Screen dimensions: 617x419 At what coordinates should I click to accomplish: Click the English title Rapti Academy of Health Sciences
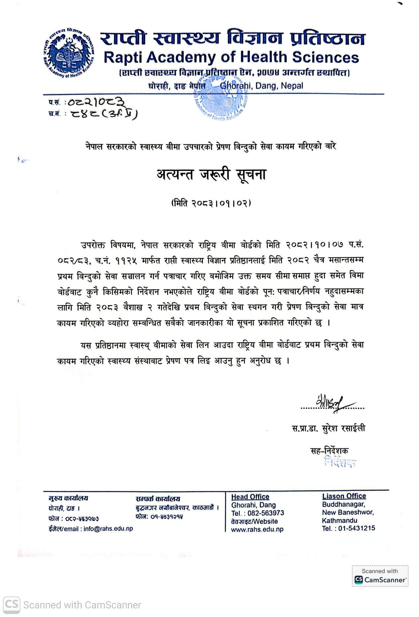(231, 57)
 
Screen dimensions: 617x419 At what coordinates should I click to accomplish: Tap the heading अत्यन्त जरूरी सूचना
(211, 174)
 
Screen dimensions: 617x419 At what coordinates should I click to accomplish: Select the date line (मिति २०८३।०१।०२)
(211, 203)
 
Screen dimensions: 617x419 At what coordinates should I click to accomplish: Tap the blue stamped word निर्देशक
(340, 462)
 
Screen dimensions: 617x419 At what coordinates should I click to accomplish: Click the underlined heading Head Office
(250, 497)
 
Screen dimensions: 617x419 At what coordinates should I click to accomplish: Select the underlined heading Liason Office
(344, 496)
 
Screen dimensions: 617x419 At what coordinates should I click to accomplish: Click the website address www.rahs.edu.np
(257, 529)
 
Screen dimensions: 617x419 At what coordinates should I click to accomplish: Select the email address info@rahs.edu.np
(108, 529)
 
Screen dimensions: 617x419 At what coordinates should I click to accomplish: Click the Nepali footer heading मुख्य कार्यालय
(68, 498)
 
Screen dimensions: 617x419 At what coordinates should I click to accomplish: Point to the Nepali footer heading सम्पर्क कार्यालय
(158, 499)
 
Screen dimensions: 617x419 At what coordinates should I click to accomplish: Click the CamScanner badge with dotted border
(380, 576)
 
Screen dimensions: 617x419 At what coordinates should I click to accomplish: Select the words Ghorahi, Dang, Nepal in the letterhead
(261, 86)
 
